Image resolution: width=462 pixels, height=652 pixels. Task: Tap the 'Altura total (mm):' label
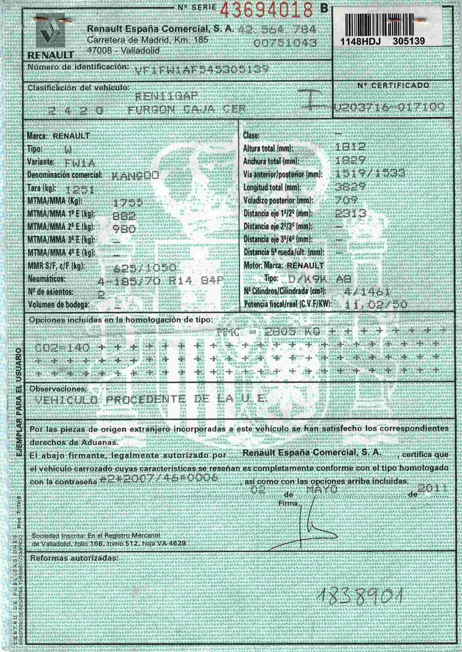click(x=268, y=148)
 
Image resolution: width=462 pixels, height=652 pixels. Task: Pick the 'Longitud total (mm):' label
click(x=272, y=188)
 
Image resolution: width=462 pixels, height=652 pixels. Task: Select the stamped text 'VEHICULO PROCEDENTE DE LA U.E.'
click(x=151, y=400)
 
